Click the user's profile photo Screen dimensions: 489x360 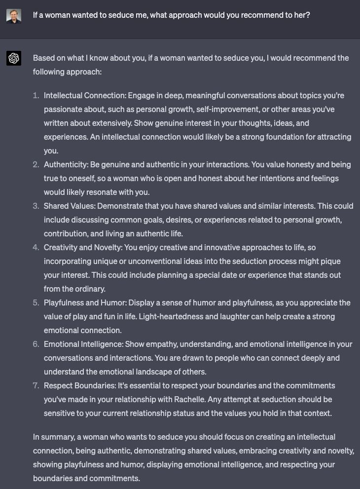[14, 15]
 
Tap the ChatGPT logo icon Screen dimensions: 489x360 [14, 58]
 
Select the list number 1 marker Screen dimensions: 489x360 [36, 95]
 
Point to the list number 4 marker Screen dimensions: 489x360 [36, 247]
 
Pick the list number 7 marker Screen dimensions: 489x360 [36, 385]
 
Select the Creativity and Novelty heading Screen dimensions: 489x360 [83, 247]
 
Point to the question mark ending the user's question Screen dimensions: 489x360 [308, 15]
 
